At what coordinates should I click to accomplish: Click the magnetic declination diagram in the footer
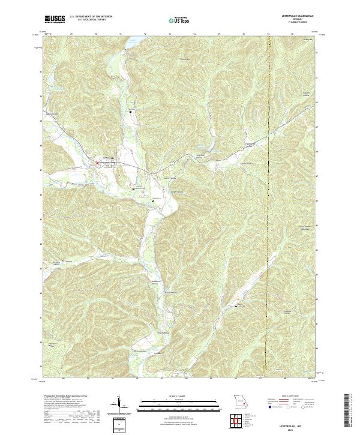[119, 405]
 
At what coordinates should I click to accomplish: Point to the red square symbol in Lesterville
[98, 162]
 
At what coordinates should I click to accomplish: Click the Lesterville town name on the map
[107, 158]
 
